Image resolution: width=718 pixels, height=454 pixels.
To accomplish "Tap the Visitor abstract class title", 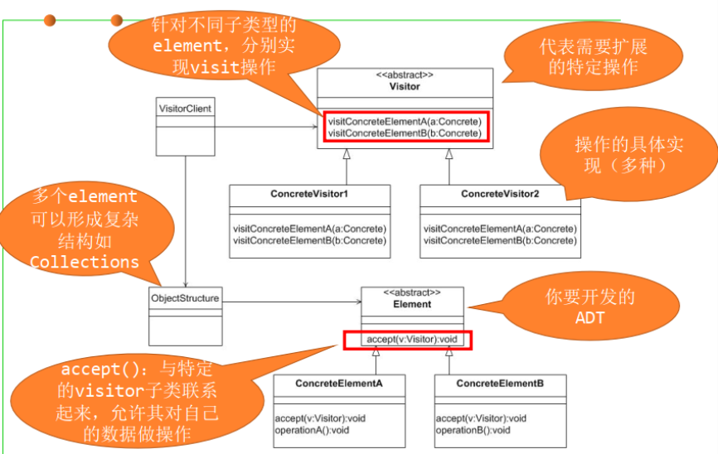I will pyautogui.click(x=405, y=86).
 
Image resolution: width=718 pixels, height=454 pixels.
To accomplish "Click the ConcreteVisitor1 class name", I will pyautogui.click(x=309, y=194).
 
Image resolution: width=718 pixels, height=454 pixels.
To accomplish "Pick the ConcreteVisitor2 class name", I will pyautogui.click(x=500, y=194).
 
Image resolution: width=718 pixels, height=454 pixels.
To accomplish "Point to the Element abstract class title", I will pyautogui.click(x=412, y=304).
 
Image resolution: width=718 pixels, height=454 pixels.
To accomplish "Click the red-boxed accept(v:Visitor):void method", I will pyautogui.click(x=406, y=340).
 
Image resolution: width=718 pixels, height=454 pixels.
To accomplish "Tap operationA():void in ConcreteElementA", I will pyautogui.click(x=312, y=430).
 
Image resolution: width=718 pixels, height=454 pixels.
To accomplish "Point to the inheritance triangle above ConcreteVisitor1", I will pyautogui.click(x=347, y=154).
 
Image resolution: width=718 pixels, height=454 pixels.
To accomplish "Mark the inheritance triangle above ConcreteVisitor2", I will pyautogui.click(x=449, y=154).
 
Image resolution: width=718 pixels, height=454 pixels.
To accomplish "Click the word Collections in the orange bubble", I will pyautogui.click(x=85, y=262).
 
